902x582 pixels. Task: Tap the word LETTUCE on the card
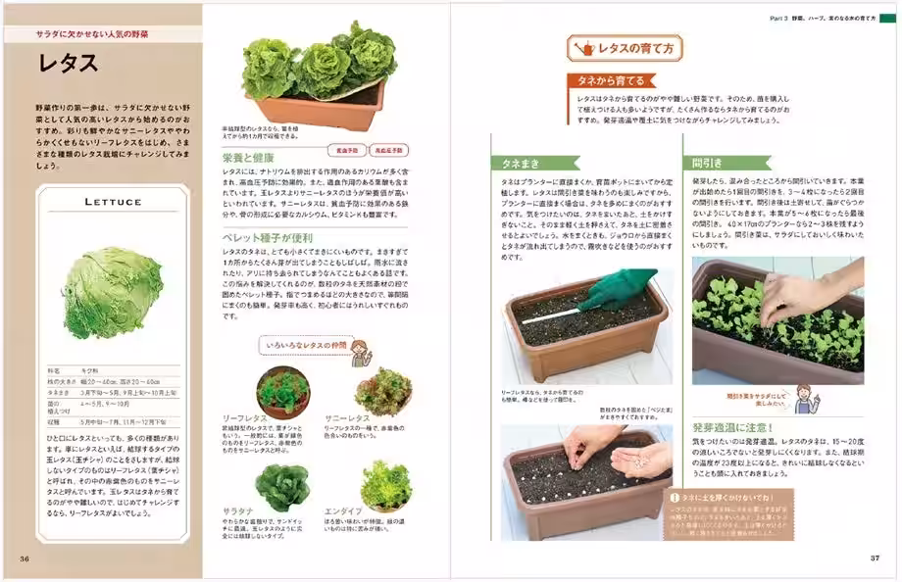[x=109, y=202]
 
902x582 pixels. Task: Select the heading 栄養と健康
[x=249, y=157]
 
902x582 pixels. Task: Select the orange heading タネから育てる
[x=610, y=81]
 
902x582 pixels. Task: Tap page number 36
[x=24, y=558]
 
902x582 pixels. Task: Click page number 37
[x=876, y=558]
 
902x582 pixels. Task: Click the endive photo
[x=385, y=483]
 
